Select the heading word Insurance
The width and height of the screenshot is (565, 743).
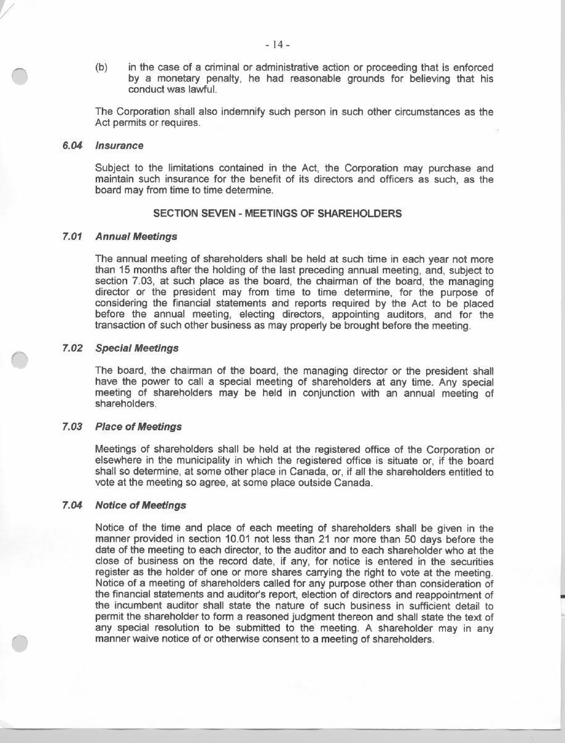click(119, 146)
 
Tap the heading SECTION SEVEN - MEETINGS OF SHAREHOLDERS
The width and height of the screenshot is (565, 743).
click(277, 214)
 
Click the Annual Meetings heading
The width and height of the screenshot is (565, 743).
click(136, 236)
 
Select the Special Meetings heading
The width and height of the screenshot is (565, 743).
click(137, 348)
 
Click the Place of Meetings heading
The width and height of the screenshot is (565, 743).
click(138, 426)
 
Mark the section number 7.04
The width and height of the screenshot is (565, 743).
click(72, 505)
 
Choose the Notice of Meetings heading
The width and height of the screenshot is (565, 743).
click(141, 505)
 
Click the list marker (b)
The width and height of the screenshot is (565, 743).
click(102, 67)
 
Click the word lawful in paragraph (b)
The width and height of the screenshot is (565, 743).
click(202, 90)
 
